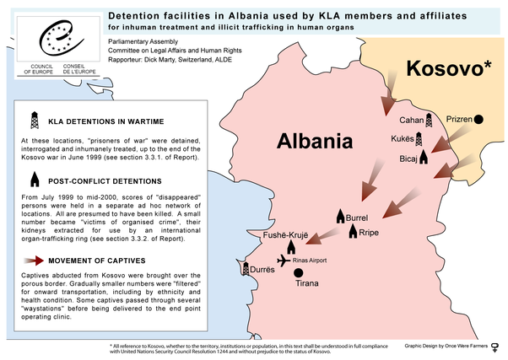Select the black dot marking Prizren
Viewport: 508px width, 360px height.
[x=479, y=121]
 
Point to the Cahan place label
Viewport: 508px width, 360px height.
[x=411, y=121]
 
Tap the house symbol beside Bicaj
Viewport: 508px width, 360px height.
[x=424, y=157]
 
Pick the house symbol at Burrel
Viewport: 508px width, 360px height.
[x=342, y=216]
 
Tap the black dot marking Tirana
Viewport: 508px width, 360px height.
[x=298, y=273]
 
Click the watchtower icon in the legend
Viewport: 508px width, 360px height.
[x=35, y=119]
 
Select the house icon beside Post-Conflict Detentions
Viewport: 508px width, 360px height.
[x=35, y=179]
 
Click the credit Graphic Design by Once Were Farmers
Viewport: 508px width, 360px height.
[x=444, y=346]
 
